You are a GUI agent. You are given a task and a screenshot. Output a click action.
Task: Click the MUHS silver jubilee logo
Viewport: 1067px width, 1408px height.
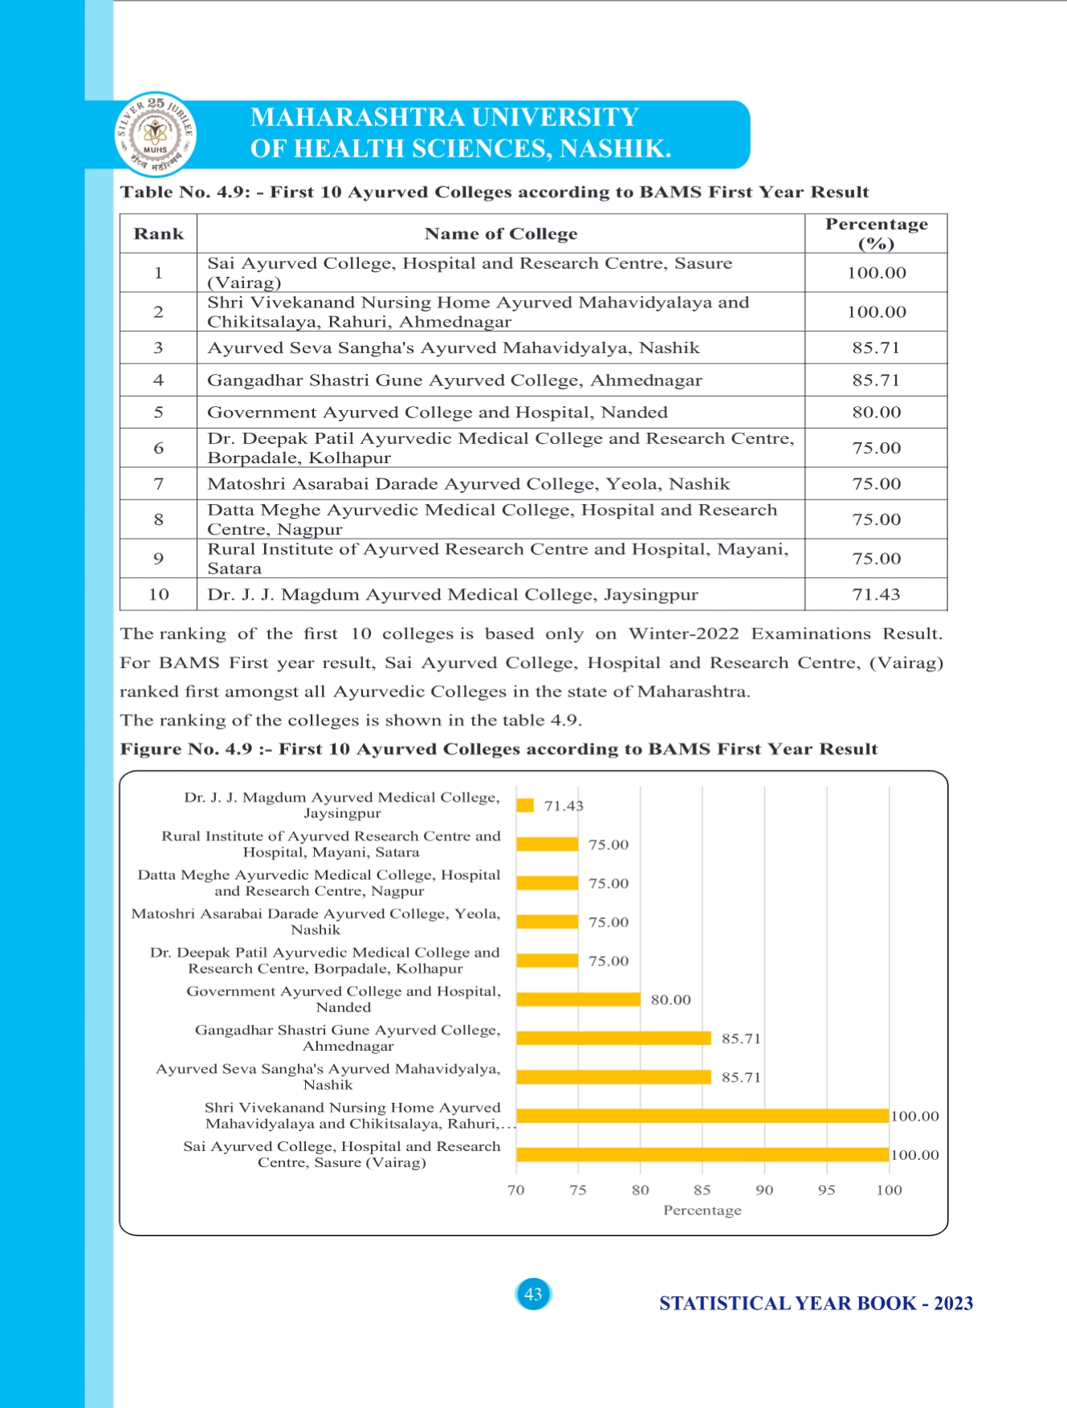pyautogui.click(x=155, y=134)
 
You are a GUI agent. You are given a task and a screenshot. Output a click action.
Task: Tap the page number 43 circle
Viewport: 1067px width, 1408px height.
pyautogui.click(x=533, y=1294)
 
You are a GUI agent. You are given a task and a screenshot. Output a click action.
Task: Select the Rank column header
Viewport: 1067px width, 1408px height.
pyautogui.click(x=158, y=234)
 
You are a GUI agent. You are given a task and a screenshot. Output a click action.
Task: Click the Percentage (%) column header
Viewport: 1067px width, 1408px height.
pyautogui.click(x=876, y=234)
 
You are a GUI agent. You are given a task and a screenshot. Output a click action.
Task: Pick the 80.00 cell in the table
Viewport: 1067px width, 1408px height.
pyautogui.click(x=876, y=412)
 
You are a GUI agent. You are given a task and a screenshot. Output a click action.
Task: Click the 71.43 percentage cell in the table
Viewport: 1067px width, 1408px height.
pyautogui.click(x=876, y=594)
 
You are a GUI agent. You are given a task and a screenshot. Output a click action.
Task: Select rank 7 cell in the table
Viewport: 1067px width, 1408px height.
pyautogui.click(x=158, y=483)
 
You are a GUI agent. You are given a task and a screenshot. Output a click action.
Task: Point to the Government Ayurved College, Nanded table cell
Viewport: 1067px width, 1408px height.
pyautogui.click(x=437, y=412)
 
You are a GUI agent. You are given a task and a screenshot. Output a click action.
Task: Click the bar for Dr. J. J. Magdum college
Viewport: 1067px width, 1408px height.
pyautogui.click(x=525, y=805)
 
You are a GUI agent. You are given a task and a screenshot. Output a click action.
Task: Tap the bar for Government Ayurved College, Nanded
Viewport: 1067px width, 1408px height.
pyautogui.click(x=578, y=999)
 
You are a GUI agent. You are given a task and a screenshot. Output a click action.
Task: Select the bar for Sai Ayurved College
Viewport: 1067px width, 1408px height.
pyautogui.click(x=702, y=1154)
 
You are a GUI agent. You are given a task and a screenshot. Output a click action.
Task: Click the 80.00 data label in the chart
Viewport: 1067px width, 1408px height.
pyautogui.click(x=670, y=999)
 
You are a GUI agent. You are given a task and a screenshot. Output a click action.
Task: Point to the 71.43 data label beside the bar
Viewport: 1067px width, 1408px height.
pyautogui.click(x=564, y=805)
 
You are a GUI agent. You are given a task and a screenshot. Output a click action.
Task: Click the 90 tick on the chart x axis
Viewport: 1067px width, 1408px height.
pyautogui.click(x=764, y=1190)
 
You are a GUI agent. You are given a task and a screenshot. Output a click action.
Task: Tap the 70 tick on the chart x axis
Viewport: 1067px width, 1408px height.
pyautogui.click(x=516, y=1190)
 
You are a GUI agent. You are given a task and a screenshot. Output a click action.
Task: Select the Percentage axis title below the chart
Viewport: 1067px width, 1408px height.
pyautogui.click(x=702, y=1210)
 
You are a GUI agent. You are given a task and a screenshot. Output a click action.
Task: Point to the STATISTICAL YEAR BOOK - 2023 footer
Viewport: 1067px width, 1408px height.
pyautogui.click(x=816, y=1303)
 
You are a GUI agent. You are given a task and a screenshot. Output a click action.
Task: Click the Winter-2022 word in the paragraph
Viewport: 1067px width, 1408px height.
pyautogui.click(x=683, y=633)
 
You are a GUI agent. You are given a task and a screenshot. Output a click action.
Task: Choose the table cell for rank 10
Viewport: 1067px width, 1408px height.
pyautogui.click(x=158, y=594)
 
